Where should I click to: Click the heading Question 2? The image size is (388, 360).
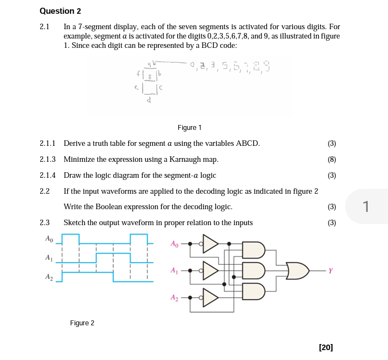click(x=61, y=11)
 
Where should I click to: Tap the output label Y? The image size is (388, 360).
click(x=330, y=270)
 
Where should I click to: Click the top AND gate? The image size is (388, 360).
click(x=254, y=250)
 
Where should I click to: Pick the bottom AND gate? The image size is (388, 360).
click(x=254, y=291)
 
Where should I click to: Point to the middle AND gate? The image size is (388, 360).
click(x=254, y=270)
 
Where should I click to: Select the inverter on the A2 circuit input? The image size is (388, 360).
click(x=210, y=297)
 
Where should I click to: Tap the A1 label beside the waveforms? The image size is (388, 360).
click(x=48, y=258)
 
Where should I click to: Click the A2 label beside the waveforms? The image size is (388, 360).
click(x=48, y=277)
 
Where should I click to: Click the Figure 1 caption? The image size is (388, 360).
click(x=189, y=128)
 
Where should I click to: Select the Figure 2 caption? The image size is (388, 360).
click(x=82, y=323)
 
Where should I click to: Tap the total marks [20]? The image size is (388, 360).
click(x=326, y=347)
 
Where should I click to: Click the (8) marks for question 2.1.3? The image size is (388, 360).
click(x=331, y=160)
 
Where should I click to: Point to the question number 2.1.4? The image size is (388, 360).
click(x=48, y=176)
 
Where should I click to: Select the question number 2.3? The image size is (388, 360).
click(x=45, y=223)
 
